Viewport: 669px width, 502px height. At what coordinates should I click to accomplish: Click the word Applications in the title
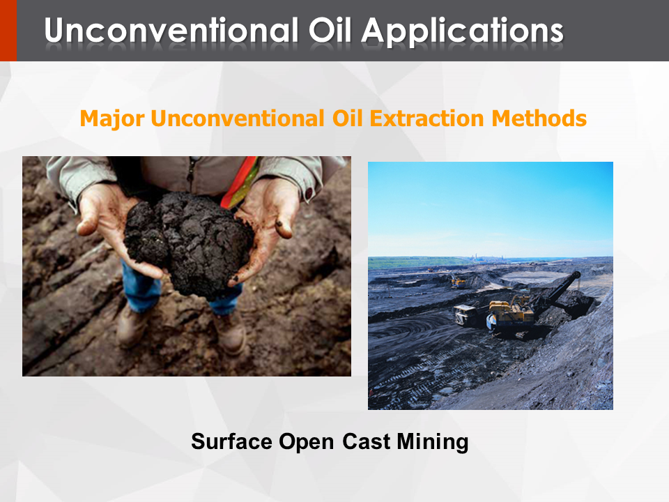coord(463,31)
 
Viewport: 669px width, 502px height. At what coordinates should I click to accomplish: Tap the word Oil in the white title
coord(330,30)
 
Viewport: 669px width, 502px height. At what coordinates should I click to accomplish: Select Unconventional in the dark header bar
coord(171,30)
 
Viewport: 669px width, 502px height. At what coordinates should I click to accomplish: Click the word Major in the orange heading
coord(112,119)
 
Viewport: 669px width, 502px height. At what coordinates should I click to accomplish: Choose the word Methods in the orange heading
coord(539,119)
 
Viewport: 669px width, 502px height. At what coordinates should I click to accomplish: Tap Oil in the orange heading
coord(347,119)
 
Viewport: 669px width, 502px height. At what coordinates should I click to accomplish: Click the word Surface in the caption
coord(231,441)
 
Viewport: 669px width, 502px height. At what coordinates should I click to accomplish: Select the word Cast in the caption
coord(366,441)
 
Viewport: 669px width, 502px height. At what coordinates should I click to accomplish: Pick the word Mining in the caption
coord(433,442)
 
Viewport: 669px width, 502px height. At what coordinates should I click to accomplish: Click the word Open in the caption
coord(306,442)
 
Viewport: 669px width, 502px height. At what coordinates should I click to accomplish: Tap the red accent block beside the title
coord(8,30)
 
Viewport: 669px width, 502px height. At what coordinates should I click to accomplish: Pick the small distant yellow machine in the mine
coord(458,281)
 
